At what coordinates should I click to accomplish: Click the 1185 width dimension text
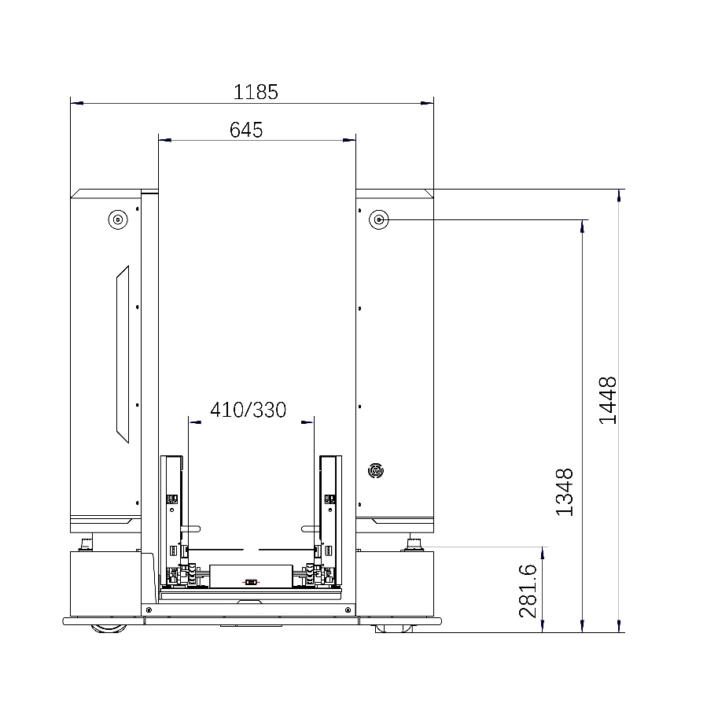(x=256, y=92)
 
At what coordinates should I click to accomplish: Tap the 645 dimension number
(x=246, y=130)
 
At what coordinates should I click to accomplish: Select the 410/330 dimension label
(x=249, y=410)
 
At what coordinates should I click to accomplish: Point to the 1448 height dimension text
(x=608, y=400)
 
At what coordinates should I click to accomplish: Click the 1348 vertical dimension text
(x=564, y=492)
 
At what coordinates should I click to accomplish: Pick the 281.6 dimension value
(x=528, y=591)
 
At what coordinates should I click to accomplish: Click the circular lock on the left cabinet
(x=118, y=219)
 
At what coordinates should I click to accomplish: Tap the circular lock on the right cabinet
(x=379, y=219)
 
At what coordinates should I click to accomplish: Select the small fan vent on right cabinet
(x=376, y=471)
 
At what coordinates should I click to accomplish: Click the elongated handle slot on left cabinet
(x=123, y=355)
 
